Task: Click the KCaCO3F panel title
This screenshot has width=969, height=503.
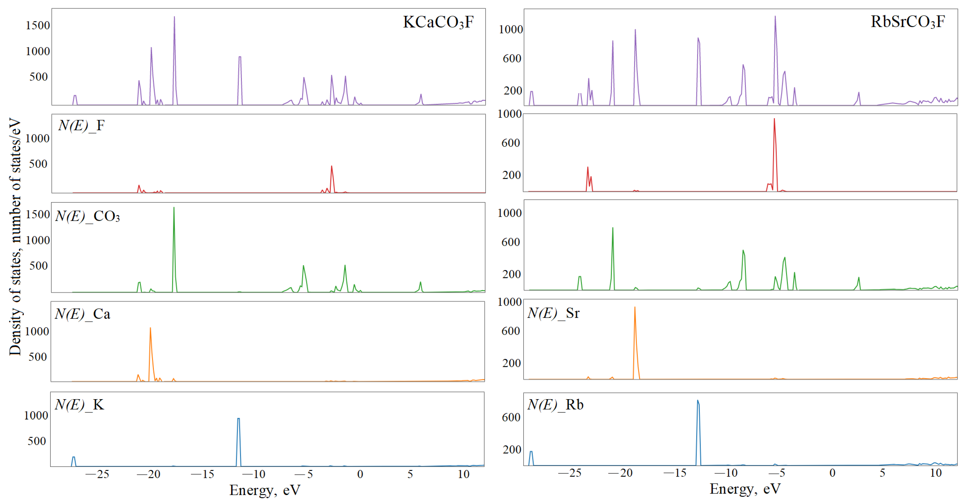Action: coord(438,22)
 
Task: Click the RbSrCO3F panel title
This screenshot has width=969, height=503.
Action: coord(907,22)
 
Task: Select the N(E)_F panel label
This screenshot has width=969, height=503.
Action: coord(81,126)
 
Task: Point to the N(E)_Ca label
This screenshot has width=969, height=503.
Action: coord(82,314)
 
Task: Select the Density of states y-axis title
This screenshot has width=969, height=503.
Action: coord(15,237)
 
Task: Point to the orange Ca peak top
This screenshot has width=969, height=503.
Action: coord(151,328)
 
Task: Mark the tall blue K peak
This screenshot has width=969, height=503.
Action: coord(239,419)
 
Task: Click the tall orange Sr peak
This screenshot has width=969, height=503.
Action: coord(635,307)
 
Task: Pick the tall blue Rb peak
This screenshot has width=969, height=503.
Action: coord(698,401)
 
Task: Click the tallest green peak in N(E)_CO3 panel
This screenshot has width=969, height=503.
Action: coord(174,208)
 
